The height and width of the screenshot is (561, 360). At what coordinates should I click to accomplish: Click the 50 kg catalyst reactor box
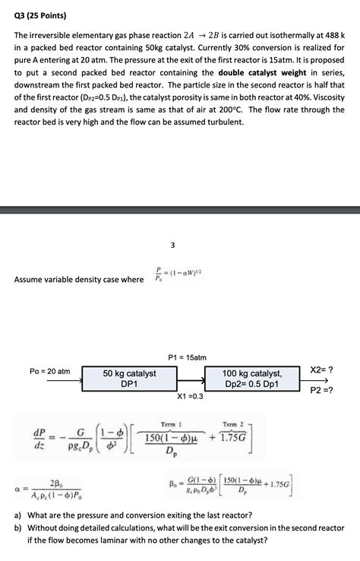click(x=129, y=379)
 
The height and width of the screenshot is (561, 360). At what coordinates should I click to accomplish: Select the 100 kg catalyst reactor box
click(x=251, y=379)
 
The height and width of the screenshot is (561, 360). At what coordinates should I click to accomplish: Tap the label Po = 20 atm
click(x=49, y=371)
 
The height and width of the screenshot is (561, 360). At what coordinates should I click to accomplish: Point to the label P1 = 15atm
click(x=187, y=357)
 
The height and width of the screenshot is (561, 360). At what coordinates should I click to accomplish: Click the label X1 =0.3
click(x=190, y=396)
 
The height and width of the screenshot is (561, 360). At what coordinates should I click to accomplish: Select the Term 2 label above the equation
click(x=233, y=424)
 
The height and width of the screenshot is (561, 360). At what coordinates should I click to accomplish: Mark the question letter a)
click(x=19, y=513)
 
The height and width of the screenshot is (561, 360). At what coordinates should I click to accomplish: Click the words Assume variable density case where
click(x=79, y=279)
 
